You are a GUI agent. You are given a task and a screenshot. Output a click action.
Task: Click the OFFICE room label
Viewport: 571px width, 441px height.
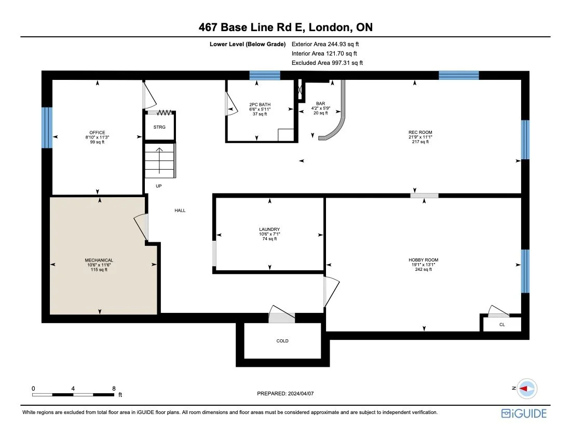[x=97, y=132]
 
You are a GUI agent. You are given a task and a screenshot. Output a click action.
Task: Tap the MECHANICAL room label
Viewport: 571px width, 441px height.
[x=99, y=260]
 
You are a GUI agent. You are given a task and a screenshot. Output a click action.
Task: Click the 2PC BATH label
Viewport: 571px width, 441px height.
[x=260, y=104]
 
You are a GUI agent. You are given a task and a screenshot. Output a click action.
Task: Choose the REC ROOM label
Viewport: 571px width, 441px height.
[x=420, y=132]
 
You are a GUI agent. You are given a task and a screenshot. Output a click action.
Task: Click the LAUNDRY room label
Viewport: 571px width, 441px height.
[x=269, y=229]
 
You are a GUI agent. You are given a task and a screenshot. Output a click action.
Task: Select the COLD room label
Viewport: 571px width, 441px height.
[x=282, y=341]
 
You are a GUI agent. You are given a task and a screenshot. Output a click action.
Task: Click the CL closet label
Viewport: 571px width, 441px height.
[x=502, y=325]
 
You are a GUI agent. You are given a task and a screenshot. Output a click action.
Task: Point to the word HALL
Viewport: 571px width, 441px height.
[x=180, y=210]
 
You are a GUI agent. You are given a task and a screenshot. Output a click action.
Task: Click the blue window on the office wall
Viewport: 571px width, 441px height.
[x=47, y=127]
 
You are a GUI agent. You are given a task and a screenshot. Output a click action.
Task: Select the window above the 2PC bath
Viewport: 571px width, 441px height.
[x=264, y=75]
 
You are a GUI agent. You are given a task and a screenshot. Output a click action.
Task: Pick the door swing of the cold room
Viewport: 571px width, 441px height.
[x=281, y=316]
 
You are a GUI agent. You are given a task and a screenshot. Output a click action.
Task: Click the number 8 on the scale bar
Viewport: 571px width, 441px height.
[x=114, y=388]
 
